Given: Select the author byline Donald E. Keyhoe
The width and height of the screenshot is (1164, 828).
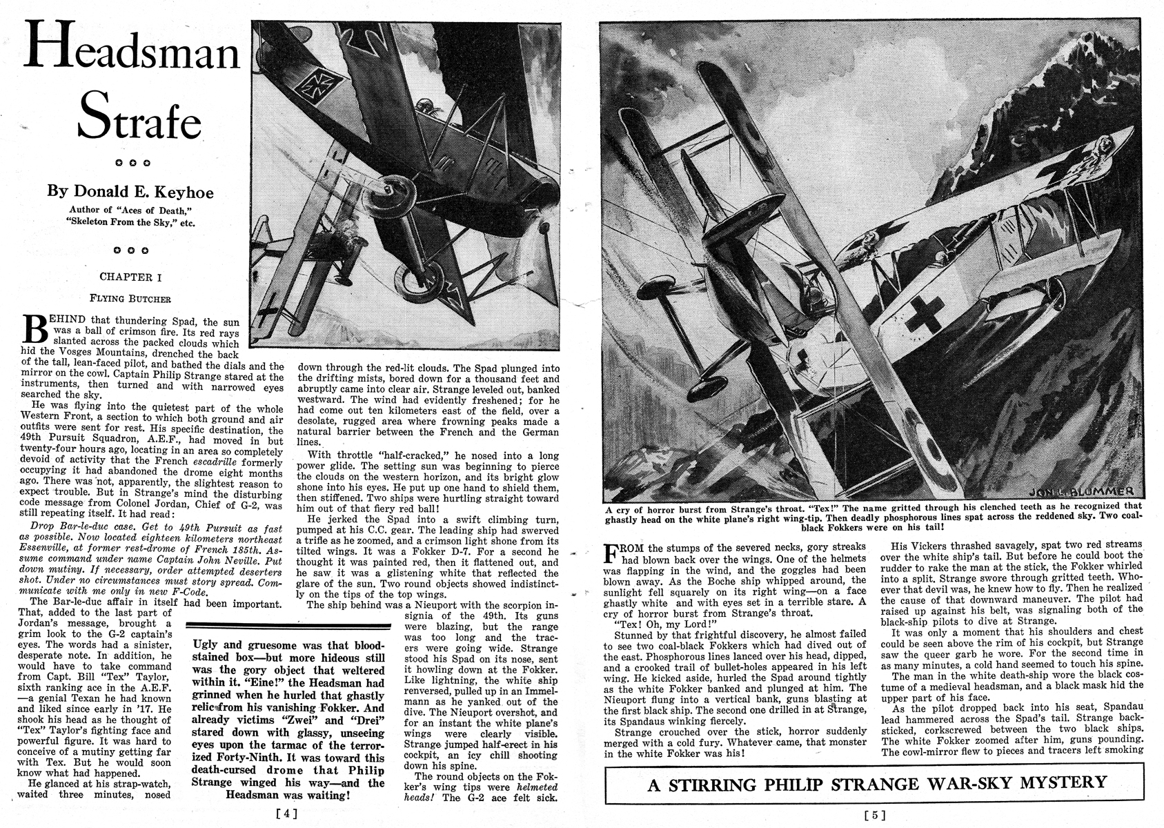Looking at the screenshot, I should (x=130, y=191).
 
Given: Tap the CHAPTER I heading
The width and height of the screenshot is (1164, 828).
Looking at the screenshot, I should (x=130, y=277).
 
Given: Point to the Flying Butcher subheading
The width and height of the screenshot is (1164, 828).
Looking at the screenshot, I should (x=130, y=299).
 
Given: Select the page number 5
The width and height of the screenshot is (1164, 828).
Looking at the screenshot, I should (x=874, y=815).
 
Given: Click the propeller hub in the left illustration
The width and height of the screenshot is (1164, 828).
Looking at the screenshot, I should (x=391, y=190).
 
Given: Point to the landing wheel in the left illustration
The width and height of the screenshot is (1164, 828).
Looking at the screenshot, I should (x=420, y=279).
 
